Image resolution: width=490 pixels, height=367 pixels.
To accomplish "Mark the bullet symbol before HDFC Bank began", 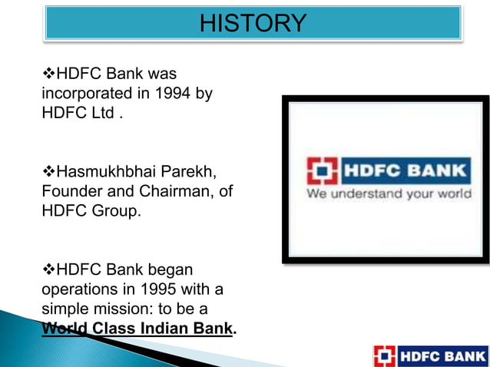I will point(49,269).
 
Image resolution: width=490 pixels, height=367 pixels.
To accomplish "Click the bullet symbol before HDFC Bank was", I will point(49,74).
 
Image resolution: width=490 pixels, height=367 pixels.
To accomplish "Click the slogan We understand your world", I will point(389,194).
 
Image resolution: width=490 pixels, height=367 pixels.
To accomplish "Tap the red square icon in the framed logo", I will point(321,170).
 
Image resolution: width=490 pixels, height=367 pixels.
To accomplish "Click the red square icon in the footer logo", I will point(385,356).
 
